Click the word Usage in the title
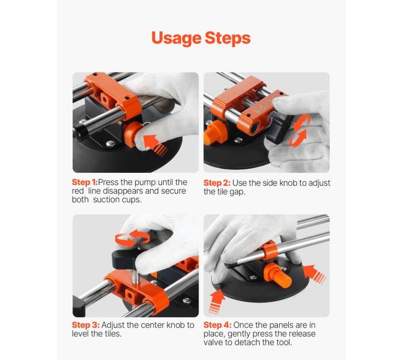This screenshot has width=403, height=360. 176,38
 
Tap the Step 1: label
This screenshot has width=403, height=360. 85,182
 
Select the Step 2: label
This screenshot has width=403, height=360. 217,183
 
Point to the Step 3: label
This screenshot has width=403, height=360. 86,325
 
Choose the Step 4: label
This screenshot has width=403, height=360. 218,325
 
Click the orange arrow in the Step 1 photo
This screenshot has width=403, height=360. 156,145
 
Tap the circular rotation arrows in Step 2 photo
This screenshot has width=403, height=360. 300,131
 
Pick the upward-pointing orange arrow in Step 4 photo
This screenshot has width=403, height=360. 216,302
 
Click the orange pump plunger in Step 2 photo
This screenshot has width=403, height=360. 215,133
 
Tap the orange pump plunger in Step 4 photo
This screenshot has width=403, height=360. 278,275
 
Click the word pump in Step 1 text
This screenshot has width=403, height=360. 145,183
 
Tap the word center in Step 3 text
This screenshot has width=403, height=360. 151,325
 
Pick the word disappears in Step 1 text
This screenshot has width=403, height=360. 123,191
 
